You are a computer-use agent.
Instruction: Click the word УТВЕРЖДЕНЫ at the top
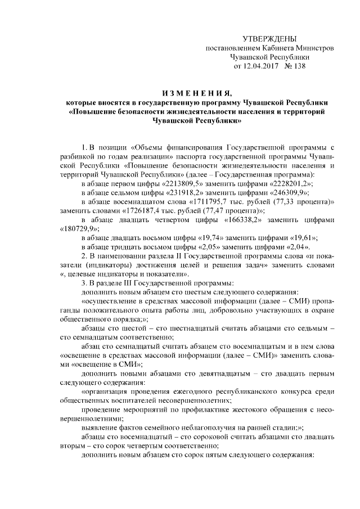[269, 38]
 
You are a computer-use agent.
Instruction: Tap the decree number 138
[298, 66]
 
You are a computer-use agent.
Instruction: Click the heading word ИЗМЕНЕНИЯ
[195, 93]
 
